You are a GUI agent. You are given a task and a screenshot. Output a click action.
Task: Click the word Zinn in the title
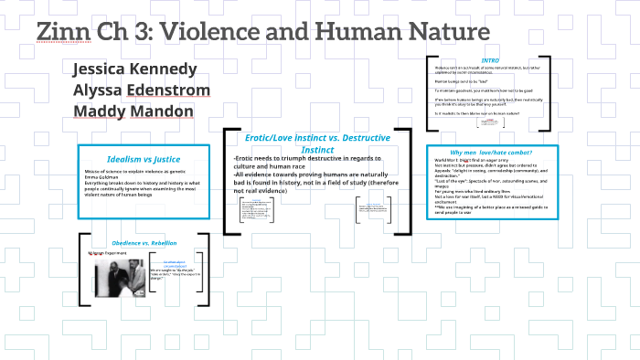pyautogui.click(x=69, y=32)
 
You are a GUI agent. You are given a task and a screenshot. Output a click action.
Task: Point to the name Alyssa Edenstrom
pyautogui.click(x=142, y=90)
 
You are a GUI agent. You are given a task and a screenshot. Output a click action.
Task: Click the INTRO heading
pyautogui.click(x=490, y=60)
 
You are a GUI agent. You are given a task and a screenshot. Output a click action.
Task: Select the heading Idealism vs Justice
pyautogui.click(x=143, y=158)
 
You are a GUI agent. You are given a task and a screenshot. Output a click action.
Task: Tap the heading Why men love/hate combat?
pyautogui.click(x=491, y=152)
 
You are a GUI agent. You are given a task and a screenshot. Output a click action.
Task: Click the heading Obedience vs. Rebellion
pyautogui.click(x=144, y=242)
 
